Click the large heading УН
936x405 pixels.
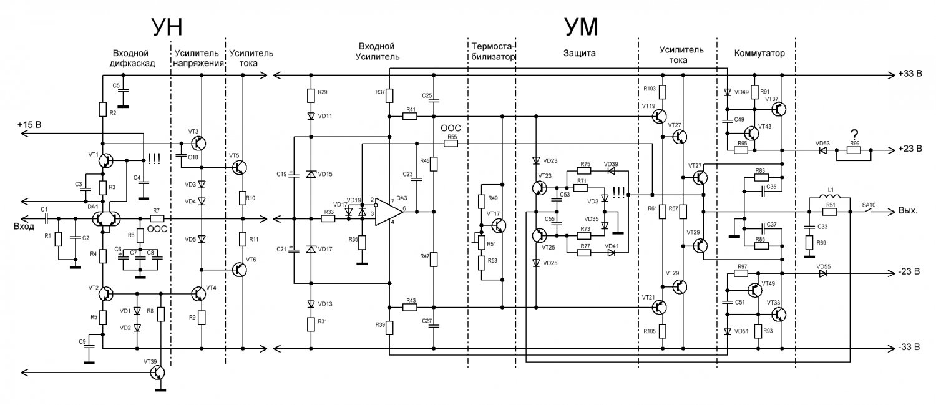(x=167, y=27)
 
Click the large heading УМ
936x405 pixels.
(x=581, y=27)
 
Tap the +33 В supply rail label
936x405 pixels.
(x=910, y=74)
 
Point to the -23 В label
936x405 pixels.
(x=909, y=272)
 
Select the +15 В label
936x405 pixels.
(x=29, y=125)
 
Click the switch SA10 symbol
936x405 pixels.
(x=869, y=212)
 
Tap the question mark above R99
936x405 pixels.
(x=854, y=135)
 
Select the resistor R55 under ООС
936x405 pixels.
(x=451, y=144)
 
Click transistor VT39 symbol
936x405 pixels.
(x=157, y=373)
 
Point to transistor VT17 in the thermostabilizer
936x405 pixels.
(x=498, y=226)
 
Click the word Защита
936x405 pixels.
(x=579, y=54)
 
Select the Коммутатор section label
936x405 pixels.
(x=759, y=53)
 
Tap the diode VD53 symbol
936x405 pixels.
(x=823, y=150)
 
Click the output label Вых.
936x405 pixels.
(x=907, y=210)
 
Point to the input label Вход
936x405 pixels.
(x=24, y=227)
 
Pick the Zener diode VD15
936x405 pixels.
(x=311, y=174)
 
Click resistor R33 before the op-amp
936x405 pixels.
(x=328, y=218)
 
